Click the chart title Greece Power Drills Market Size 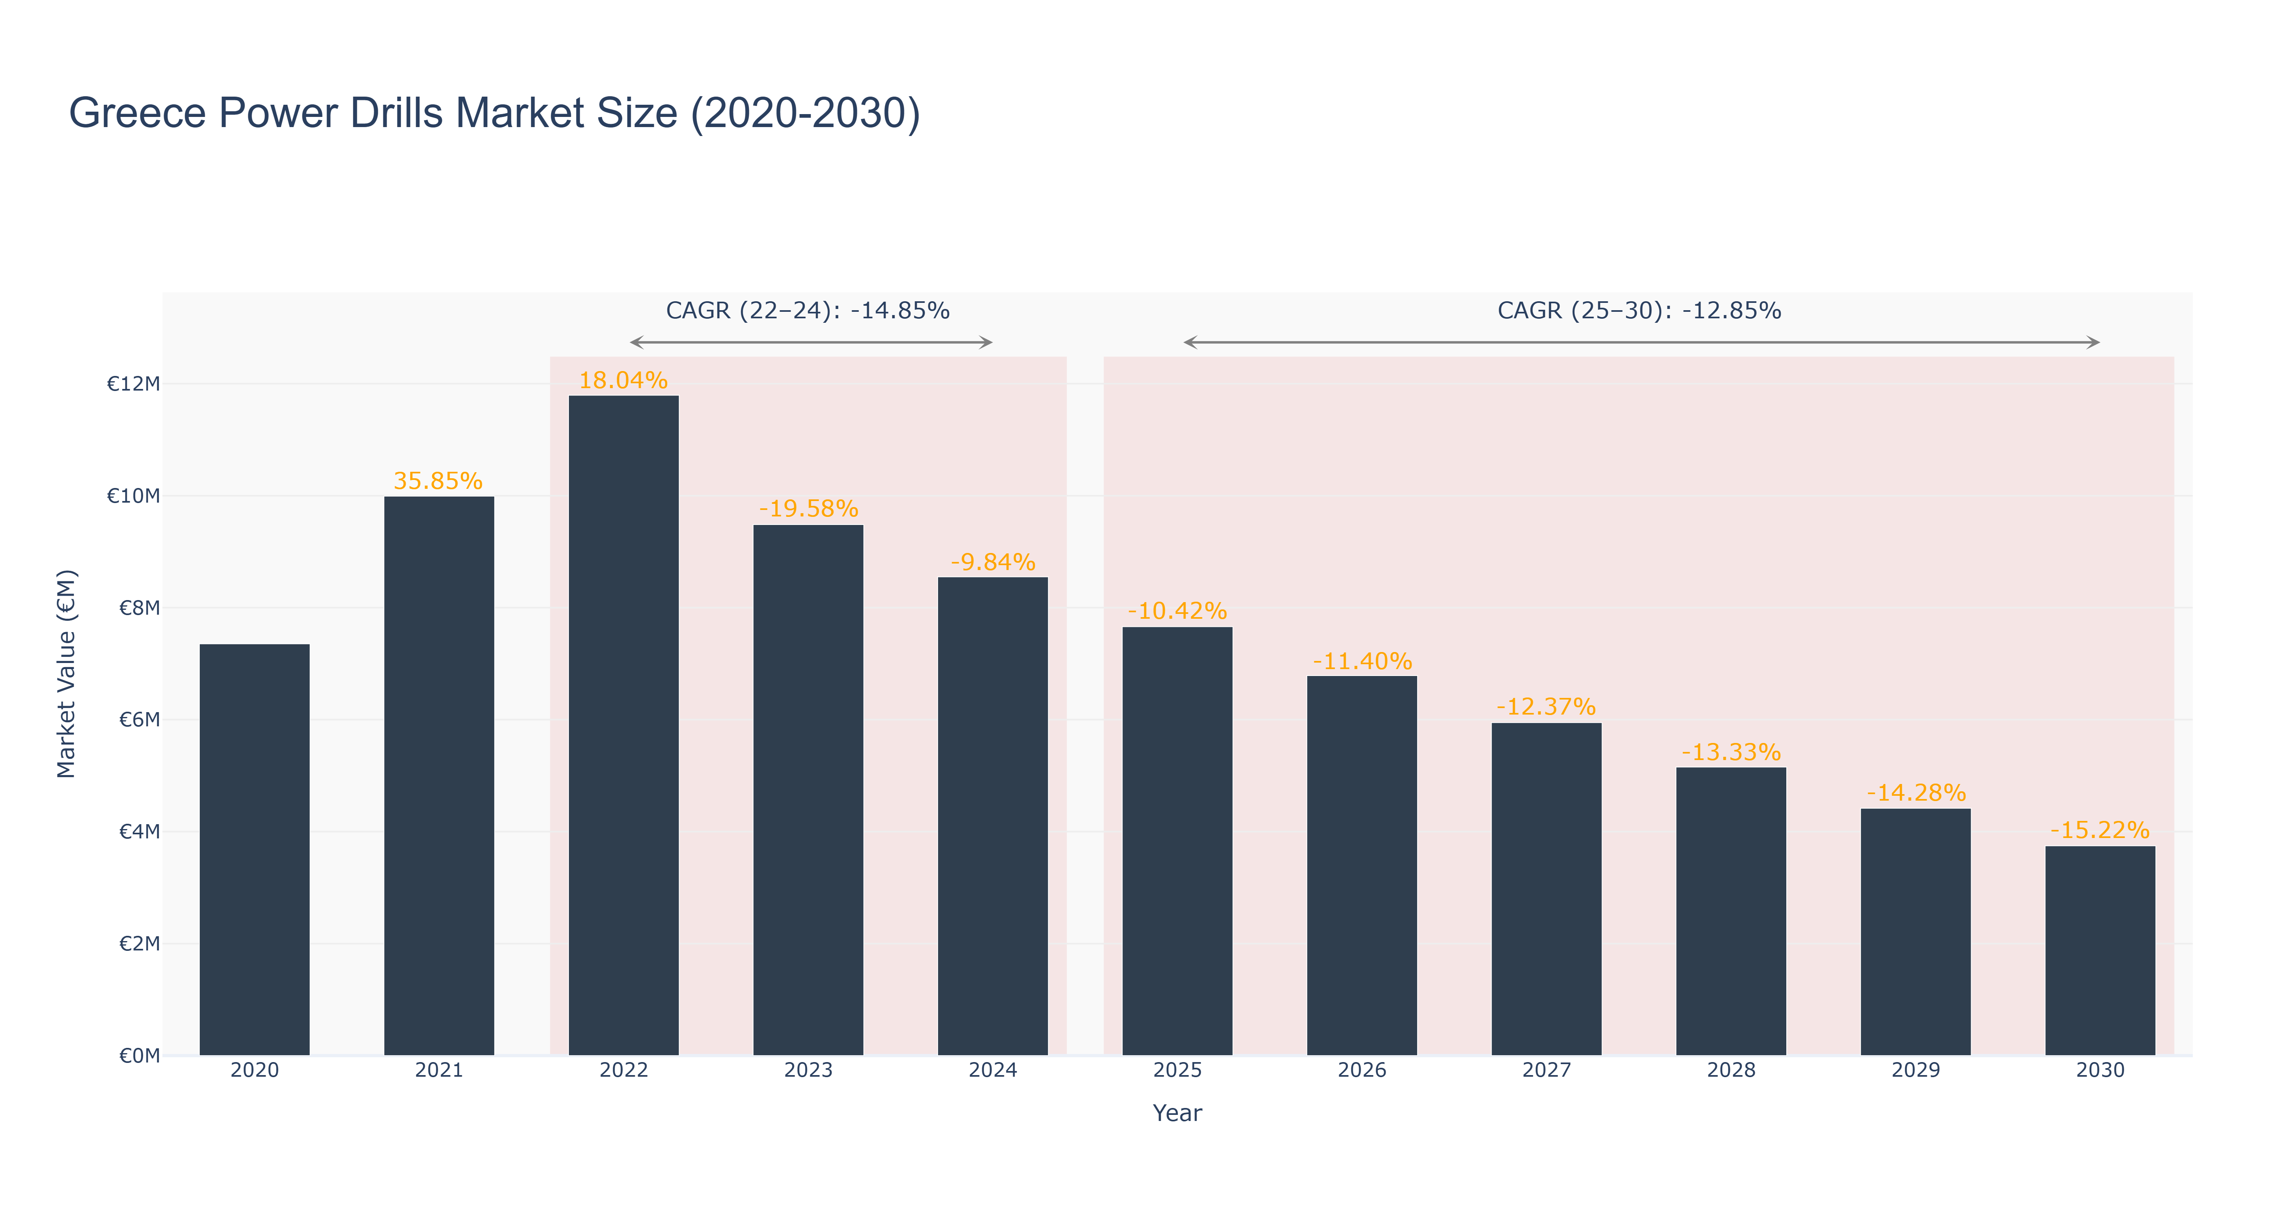tap(494, 114)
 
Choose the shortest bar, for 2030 tap(2100, 950)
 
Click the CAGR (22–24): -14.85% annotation tap(808, 311)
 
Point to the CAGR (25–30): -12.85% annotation tap(1639, 311)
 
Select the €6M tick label tap(139, 719)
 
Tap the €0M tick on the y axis tap(139, 1056)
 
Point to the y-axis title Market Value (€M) tap(66, 674)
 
